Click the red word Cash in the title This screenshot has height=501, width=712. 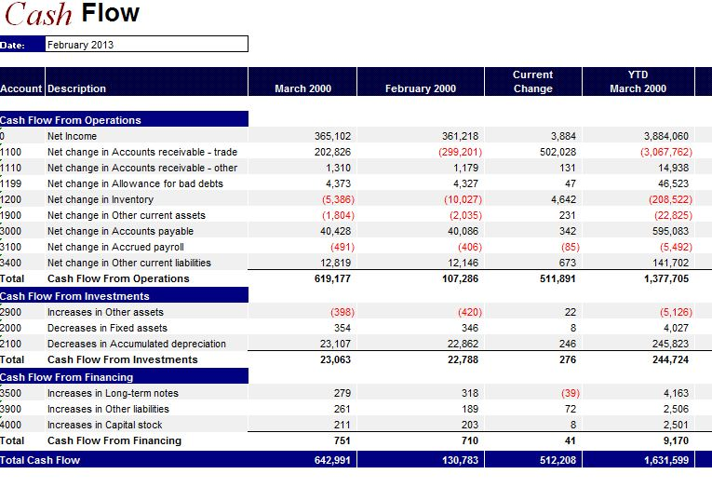pos(38,14)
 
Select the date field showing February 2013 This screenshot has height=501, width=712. pos(145,44)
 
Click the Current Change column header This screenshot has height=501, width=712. pos(532,81)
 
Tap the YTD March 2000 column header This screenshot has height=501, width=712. pos(638,81)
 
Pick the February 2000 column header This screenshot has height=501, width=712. pos(421,88)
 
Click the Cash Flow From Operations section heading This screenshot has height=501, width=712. pos(72,120)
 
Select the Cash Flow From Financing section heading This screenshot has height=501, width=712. pos(67,377)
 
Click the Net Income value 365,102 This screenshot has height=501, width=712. pos(333,136)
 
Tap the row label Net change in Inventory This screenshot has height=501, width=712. pos(101,199)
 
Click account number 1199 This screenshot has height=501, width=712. pos(11,183)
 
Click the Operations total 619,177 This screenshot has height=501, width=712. pos(332,278)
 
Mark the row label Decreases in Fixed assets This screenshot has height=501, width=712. pos(107,328)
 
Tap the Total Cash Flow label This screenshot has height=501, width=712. pos(41,460)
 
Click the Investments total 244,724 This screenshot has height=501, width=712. pos(666,359)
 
